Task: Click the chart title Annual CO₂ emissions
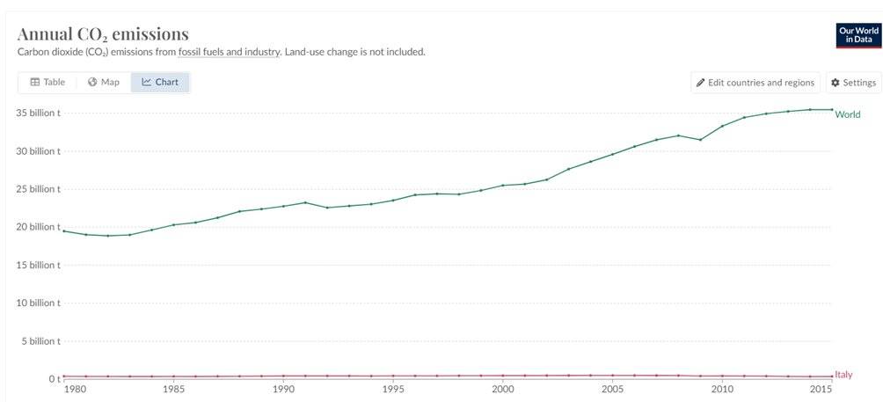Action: click(103, 34)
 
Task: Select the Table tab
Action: click(47, 82)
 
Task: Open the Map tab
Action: click(104, 82)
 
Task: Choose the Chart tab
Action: click(160, 82)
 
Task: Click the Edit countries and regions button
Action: click(755, 83)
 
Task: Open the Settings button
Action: click(854, 83)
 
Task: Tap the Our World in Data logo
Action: click(858, 35)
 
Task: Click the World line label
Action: click(848, 115)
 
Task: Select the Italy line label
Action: click(843, 375)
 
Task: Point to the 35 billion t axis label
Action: click(39, 113)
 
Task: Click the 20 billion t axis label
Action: click(39, 227)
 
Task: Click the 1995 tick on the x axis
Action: click(393, 389)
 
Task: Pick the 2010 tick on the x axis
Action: click(722, 389)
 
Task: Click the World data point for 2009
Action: click(700, 140)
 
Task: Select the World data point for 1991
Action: click(305, 202)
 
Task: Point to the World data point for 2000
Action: click(503, 186)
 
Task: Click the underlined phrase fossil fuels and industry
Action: click(229, 53)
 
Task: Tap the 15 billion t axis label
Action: click(39, 265)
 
